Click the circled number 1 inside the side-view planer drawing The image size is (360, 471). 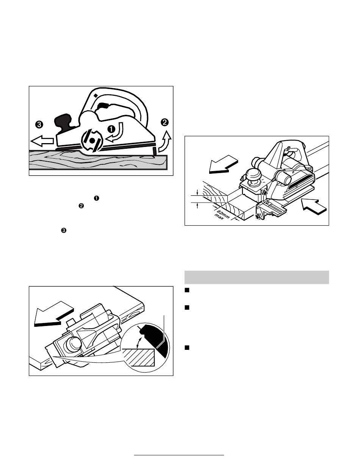(111, 129)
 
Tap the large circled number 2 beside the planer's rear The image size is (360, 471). (164, 123)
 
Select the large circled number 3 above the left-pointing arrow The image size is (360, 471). (39, 125)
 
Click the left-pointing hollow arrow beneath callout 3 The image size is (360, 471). (42, 141)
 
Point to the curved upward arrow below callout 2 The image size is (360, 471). (165, 142)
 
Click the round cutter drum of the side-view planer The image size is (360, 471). (92, 140)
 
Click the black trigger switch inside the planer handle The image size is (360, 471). (103, 106)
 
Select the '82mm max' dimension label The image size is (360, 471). (221, 215)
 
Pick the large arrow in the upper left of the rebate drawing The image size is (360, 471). (224, 164)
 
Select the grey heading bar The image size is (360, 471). (257, 277)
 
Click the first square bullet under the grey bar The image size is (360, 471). (187, 290)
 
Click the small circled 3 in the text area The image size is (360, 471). (64, 231)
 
